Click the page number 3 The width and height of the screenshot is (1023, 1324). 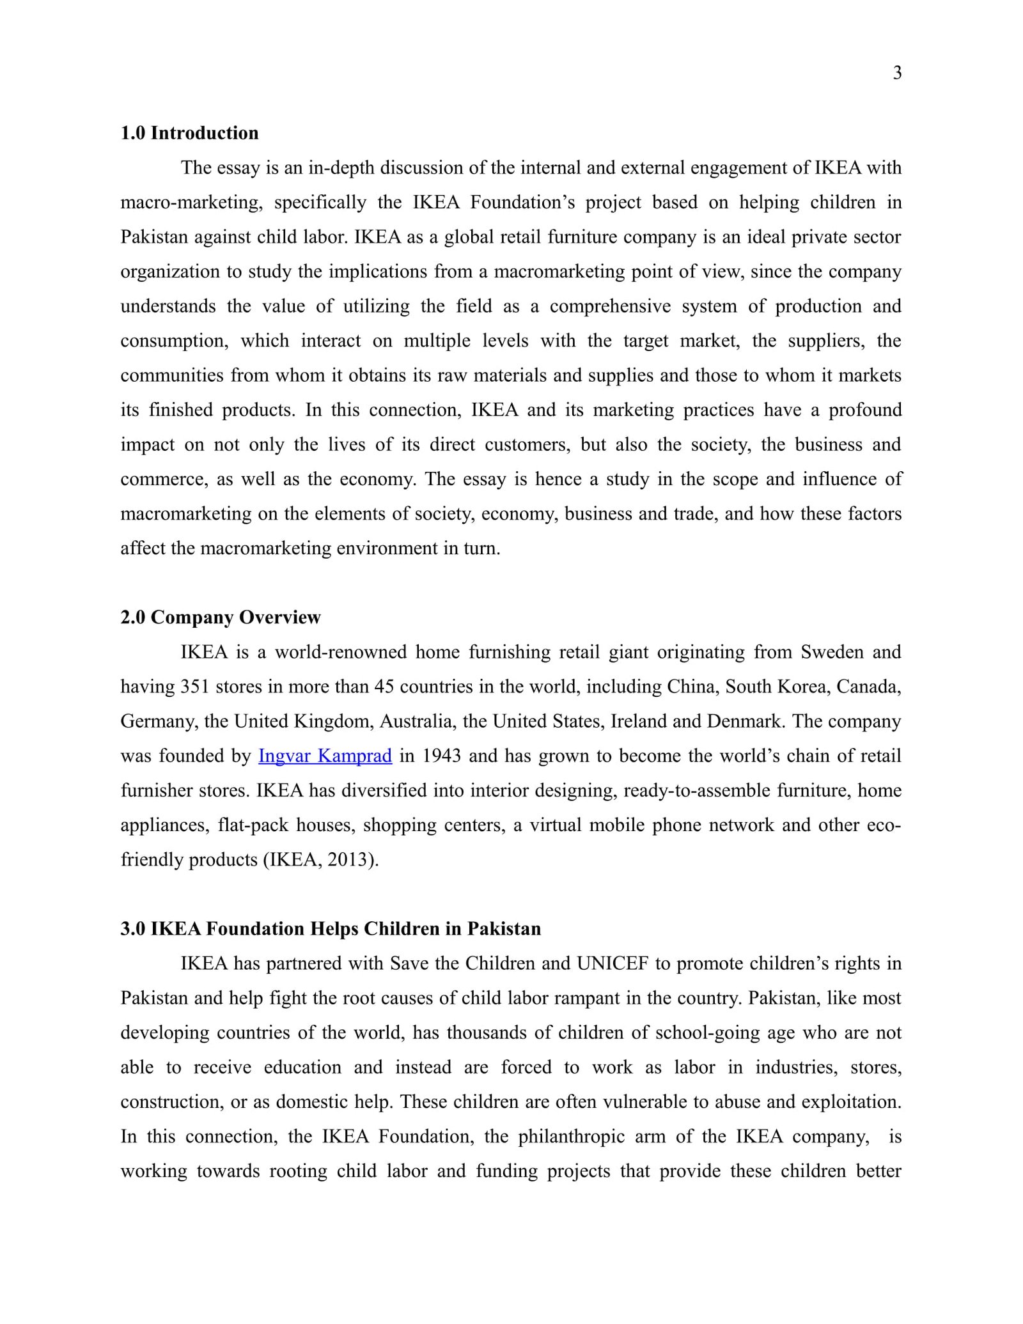click(897, 74)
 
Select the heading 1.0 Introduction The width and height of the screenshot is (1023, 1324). click(189, 133)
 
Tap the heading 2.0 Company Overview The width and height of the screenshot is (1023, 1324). click(221, 618)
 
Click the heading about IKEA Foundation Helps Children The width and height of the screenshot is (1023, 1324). click(331, 929)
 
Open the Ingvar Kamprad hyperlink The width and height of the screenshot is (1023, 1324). click(325, 756)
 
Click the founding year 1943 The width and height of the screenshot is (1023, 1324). click(442, 756)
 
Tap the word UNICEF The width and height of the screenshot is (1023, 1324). click(613, 963)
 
